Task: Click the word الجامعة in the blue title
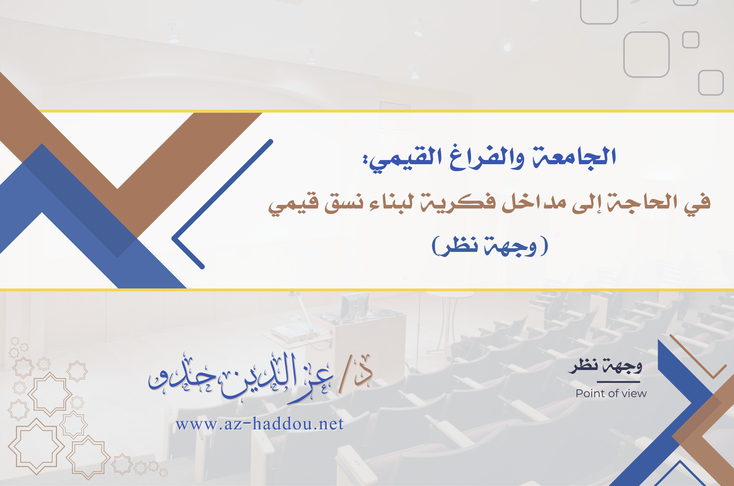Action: [x=574, y=158]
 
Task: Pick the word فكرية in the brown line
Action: [x=458, y=203]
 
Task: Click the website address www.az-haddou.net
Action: [x=260, y=424]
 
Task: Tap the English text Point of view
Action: [x=611, y=394]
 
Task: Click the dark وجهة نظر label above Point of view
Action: [x=605, y=366]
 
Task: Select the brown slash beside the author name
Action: [x=345, y=375]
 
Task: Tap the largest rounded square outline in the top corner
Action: [x=646, y=55]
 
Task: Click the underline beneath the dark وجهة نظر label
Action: [x=618, y=382]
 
